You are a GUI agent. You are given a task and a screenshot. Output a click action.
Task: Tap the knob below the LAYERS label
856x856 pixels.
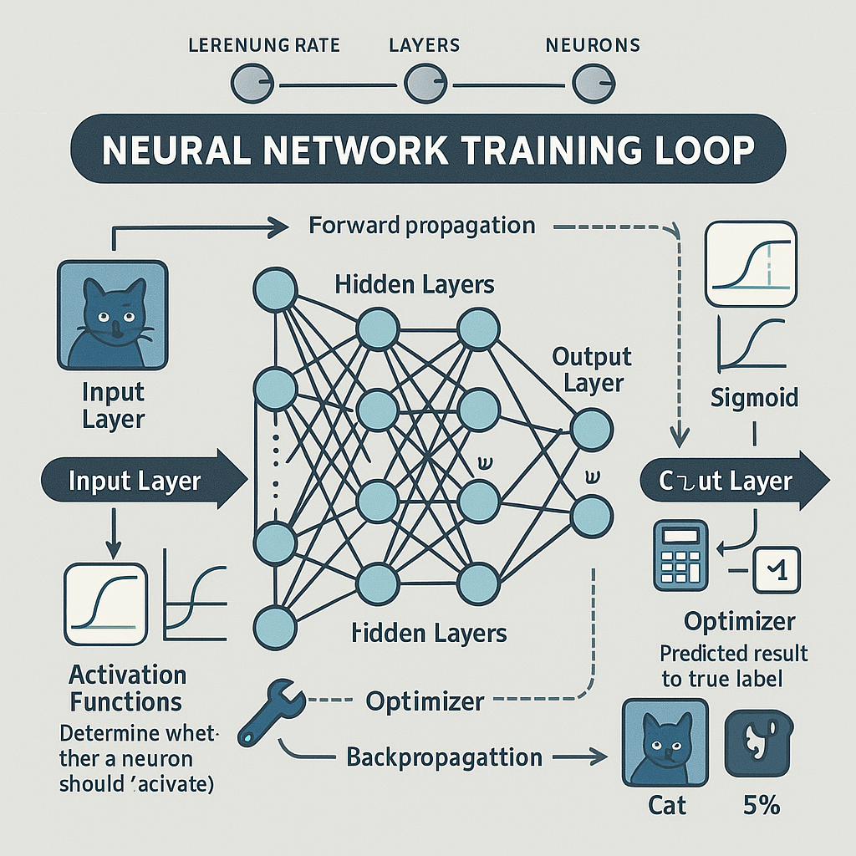click(x=420, y=84)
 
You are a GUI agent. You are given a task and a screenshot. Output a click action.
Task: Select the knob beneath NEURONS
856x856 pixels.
click(x=589, y=84)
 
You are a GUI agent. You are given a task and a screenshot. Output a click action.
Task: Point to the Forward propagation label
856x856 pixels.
click(x=421, y=226)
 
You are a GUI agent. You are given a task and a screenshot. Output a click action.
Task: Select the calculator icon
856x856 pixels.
click(x=679, y=553)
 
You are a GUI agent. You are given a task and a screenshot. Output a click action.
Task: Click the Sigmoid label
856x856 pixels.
click(x=753, y=397)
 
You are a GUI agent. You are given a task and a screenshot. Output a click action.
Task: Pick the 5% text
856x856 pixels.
click(x=760, y=805)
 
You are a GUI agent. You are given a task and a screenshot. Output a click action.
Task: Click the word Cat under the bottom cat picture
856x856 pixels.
click(x=666, y=805)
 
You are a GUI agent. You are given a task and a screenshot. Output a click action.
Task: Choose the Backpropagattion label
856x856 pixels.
click(x=444, y=757)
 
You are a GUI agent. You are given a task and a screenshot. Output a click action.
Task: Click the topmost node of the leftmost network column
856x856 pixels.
click(x=275, y=291)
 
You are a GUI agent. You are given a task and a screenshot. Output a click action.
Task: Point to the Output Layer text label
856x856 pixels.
click(x=592, y=370)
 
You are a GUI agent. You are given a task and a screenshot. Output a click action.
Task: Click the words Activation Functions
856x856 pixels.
click(x=127, y=687)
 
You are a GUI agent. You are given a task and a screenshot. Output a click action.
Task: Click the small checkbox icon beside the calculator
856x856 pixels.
click(x=777, y=571)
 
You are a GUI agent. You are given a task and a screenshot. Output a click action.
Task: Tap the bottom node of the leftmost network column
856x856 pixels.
click(x=275, y=625)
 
